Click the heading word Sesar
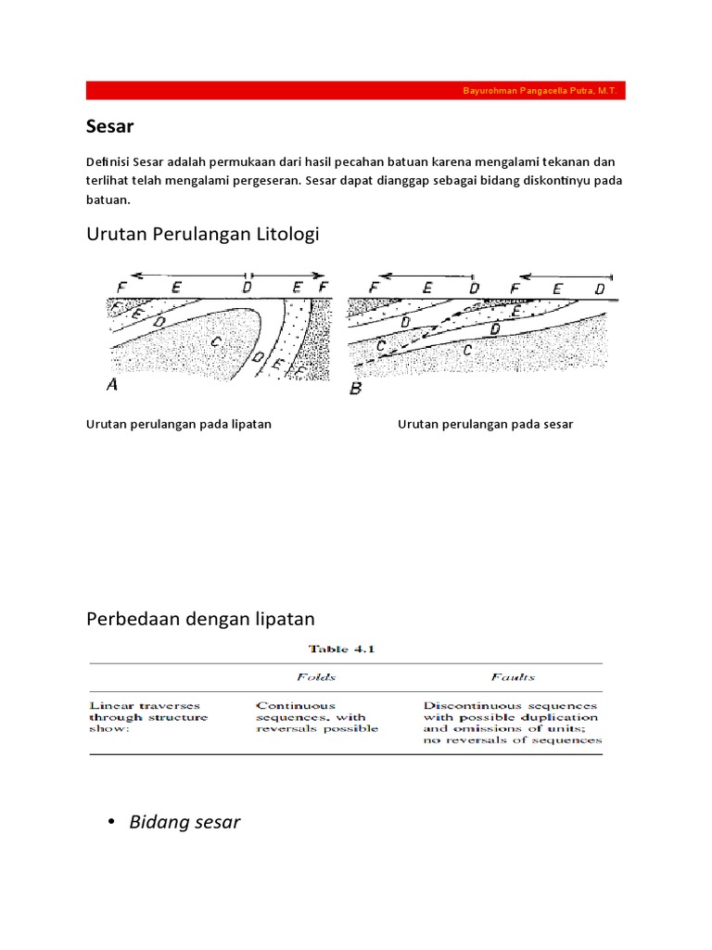pos(110,125)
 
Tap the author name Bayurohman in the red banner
pos(492,91)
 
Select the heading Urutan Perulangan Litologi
pos(202,234)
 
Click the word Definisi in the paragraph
pos(108,162)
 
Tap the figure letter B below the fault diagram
pos(355,389)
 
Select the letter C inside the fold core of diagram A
pos(215,342)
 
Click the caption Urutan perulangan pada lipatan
pos(178,424)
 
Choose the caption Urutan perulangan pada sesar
pos(485,424)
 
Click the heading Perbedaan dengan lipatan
pos(200,618)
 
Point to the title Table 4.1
pos(345,649)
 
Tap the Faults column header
pos(513,677)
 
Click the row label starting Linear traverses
pos(148,716)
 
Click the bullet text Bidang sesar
pos(184,822)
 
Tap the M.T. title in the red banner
pos(609,91)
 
